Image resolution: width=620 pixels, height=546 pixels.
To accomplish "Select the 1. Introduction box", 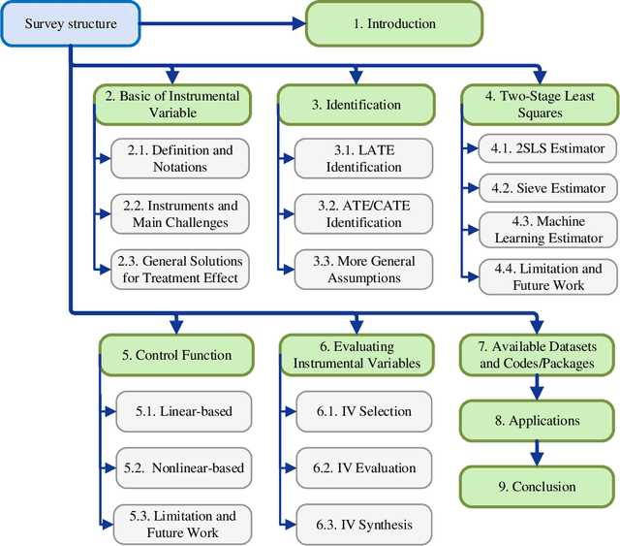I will point(394,24).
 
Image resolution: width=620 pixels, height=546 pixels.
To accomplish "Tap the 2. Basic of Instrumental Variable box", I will point(172,105).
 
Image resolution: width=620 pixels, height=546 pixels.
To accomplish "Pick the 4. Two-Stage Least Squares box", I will point(538,105).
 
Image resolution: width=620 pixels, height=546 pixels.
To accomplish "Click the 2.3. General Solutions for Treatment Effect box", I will point(179,269).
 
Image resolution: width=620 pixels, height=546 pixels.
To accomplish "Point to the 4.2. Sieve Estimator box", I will point(547,188).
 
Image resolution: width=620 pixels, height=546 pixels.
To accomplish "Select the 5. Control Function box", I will point(176,355).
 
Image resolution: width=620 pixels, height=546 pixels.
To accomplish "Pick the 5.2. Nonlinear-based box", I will point(182,467).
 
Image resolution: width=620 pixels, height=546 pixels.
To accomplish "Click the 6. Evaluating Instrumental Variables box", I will point(356,355).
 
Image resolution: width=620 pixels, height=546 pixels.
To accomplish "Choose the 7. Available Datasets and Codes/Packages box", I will point(538,355).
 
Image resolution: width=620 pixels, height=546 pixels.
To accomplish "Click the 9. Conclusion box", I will point(538,487).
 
